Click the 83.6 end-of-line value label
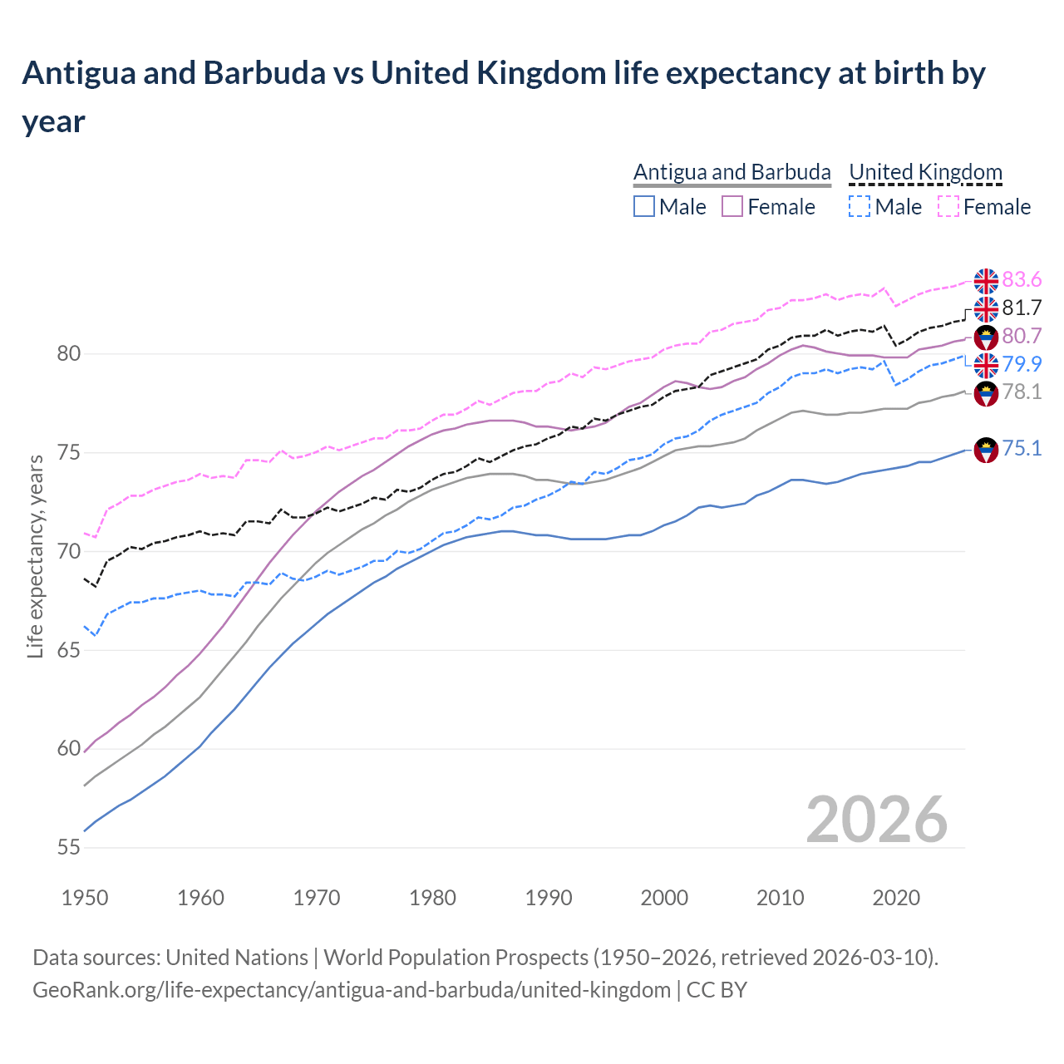coord(1022,279)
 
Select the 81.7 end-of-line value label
coord(1022,308)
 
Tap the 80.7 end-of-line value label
coord(1022,336)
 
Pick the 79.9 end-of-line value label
coord(1022,364)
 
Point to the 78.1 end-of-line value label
coord(1022,392)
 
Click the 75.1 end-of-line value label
coord(1022,449)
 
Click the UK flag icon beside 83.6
coord(986,281)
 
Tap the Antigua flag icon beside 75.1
coord(986,450)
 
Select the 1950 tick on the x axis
coord(86,898)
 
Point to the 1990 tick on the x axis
coord(549,898)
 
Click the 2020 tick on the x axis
coord(896,898)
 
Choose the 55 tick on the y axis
coord(68,848)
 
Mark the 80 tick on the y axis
coord(68,354)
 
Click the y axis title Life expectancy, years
coord(35,557)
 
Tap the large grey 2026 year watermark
coord(876,820)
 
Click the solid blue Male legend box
coord(644,207)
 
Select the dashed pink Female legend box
coord(948,207)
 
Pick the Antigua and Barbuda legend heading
coord(731,172)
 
